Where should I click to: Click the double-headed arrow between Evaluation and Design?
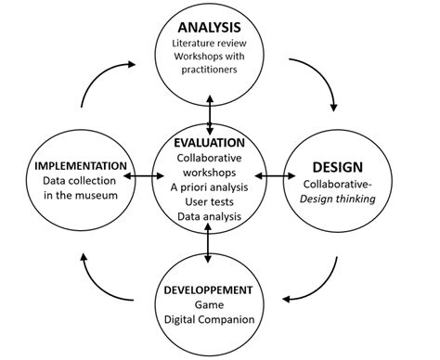pos(270,174)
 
